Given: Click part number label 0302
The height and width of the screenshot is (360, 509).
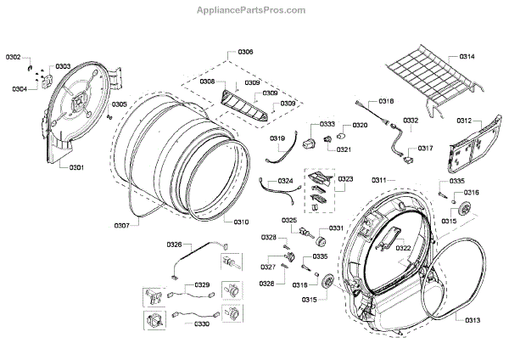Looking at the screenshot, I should (14, 57).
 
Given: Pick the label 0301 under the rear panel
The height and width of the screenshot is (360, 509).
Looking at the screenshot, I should (76, 167).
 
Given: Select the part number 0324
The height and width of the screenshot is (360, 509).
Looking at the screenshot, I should (285, 181).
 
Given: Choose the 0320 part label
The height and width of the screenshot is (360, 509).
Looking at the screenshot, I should (360, 125).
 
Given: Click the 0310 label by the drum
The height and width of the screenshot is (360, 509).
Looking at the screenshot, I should (241, 222).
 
